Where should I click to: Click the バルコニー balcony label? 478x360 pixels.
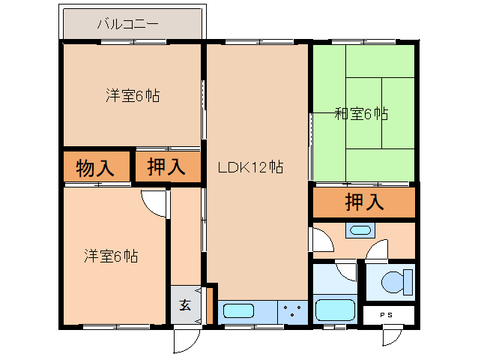(127, 24)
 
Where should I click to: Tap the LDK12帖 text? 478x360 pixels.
(249, 167)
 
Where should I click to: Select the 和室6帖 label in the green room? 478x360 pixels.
(360, 114)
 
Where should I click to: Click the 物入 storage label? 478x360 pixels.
(96, 168)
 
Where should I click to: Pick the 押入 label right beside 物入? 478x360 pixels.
(166, 167)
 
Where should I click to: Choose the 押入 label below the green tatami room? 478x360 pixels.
(364, 202)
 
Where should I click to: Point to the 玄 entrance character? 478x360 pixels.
(184, 305)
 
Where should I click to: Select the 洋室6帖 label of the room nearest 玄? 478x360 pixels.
(110, 256)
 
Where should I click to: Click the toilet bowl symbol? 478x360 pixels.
(393, 283)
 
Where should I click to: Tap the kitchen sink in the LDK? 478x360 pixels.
(239, 310)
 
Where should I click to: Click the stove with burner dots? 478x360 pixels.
(291, 310)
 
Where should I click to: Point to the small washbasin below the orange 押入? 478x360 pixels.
(360, 230)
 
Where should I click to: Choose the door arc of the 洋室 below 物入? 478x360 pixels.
(154, 201)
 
